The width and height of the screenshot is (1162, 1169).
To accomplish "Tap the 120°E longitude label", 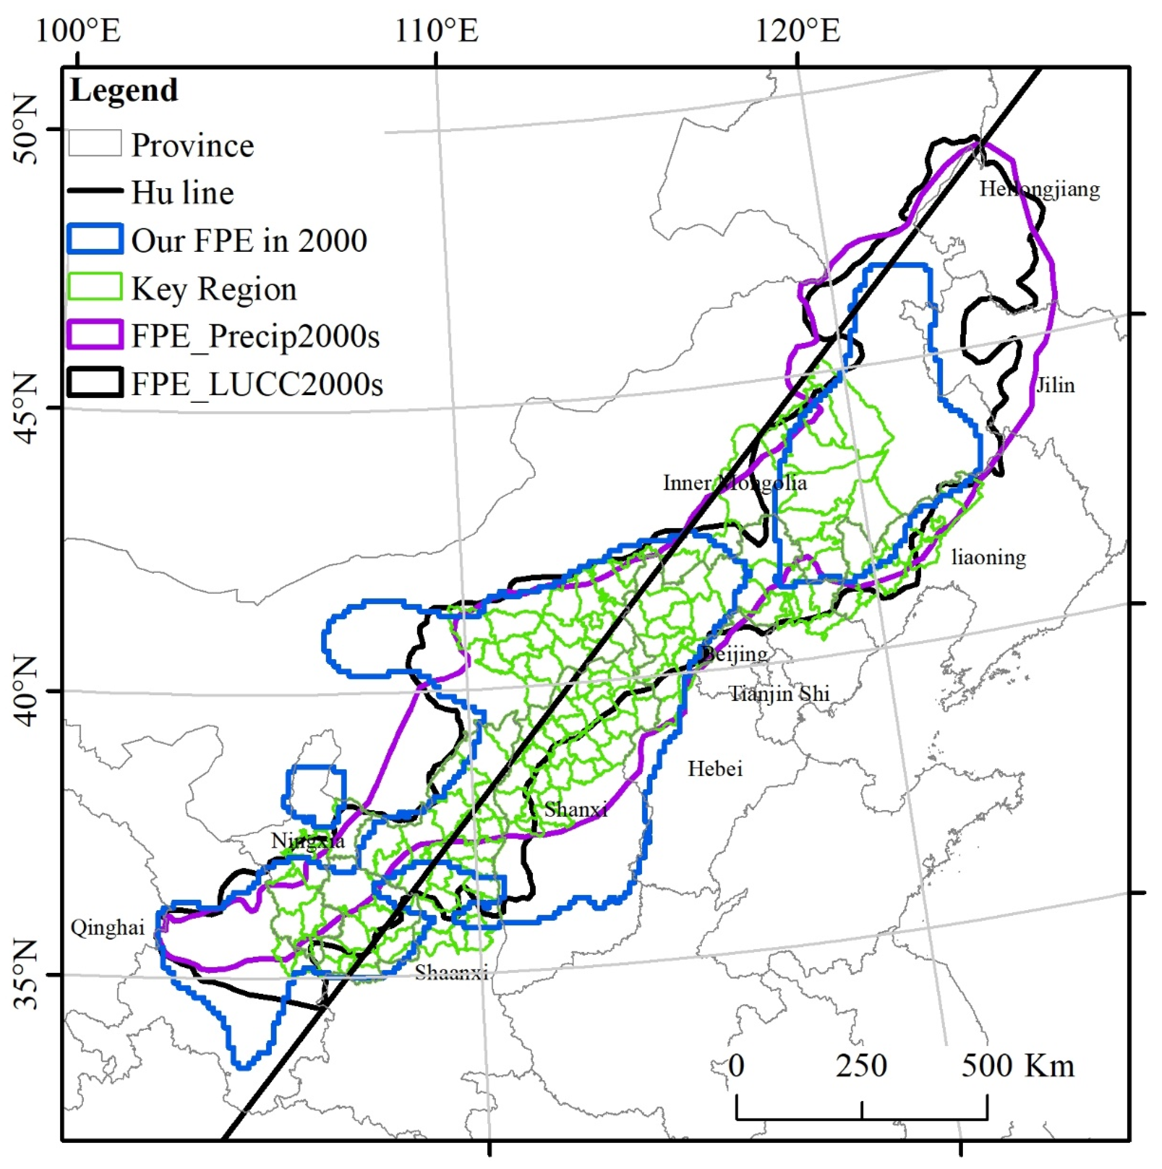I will (x=798, y=30).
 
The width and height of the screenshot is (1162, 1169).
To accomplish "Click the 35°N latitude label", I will (x=25, y=975).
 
